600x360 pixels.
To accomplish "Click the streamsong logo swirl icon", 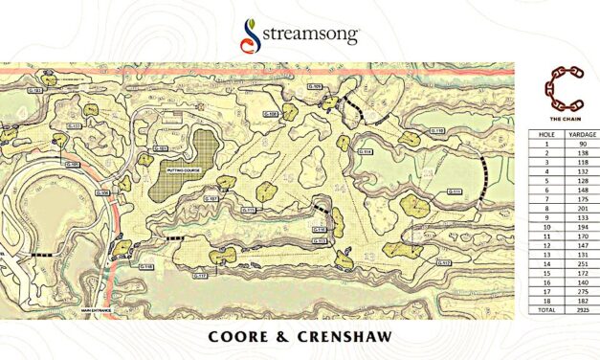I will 252,35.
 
